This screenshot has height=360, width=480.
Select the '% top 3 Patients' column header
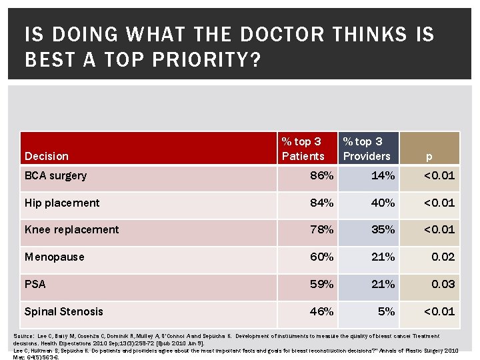pyautogui.click(x=303, y=149)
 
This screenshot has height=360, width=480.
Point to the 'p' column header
pyautogui.click(x=429, y=156)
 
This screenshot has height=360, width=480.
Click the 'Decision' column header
pyautogui.click(x=46, y=156)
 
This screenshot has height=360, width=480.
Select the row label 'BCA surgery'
pyautogui.click(x=55, y=176)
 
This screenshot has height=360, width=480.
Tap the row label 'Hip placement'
pyautogui.click(x=62, y=203)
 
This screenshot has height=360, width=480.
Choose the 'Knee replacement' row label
pyautogui.click(x=71, y=229)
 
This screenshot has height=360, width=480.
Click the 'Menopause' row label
pyautogui.click(x=55, y=257)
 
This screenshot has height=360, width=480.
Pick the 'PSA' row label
pyautogui.click(x=35, y=284)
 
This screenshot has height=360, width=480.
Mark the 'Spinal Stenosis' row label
pyautogui.click(x=63, y=311)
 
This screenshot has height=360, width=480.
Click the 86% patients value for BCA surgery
pyautogui.click(x=322, y=176)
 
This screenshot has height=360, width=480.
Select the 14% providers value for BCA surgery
pyautogui.click(x=383, y=176)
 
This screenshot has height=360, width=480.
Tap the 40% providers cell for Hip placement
pyautogui.click(x=383, y=203)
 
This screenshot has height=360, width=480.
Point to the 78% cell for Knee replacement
pyautogui.click(x=322, y=229)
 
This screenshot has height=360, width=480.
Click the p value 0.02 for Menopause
pyautogui.click(x=443, y=257)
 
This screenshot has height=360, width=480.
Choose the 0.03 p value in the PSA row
pyautogui.click(x=443, y=284)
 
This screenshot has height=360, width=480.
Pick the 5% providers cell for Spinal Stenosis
pyautogui.click(x=387, y=311)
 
